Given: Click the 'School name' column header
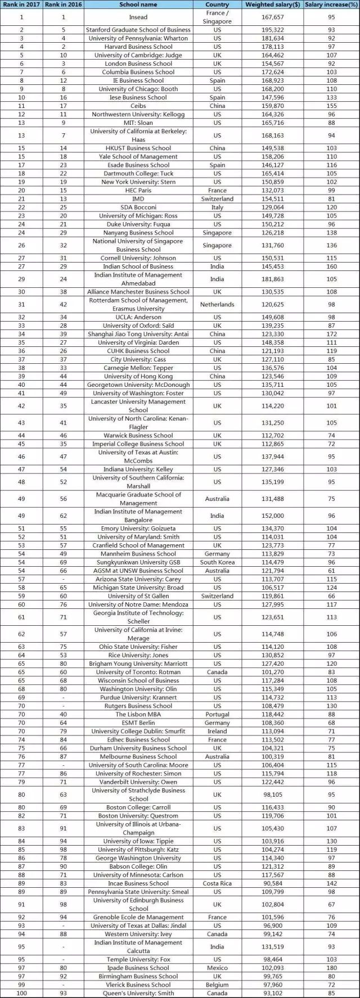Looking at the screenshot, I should [x=138, y=4].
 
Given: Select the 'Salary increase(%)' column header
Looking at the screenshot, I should [x=331, y=4].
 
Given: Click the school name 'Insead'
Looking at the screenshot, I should [x=138, y=17].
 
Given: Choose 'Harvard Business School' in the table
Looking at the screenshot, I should [x=138, y=47].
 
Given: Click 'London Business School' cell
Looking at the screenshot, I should [x=138, y=64].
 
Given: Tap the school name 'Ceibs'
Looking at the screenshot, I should [x=138, y=106].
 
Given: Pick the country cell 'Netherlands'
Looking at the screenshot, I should [x=217, y=304].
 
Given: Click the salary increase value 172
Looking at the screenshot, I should [x=331, y=334].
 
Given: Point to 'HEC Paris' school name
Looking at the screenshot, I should [x=138, y=190].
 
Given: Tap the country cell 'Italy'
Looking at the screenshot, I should [x=217, y=207].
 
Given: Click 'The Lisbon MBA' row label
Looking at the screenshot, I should [x=138, y=714].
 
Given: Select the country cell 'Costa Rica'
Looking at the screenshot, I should [x=217, y=883].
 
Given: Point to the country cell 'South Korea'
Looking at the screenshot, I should [x=217, y=562].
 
